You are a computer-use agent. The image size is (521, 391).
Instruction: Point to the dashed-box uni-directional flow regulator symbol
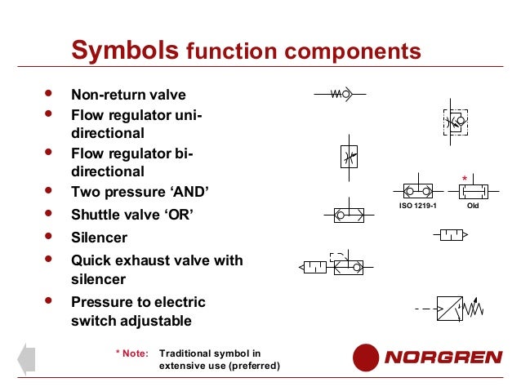(x=454, y=122)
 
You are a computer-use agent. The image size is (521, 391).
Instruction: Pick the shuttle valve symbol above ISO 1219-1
(x=416, y=191)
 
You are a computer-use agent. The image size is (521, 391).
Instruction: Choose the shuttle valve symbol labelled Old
(x=473, y=191)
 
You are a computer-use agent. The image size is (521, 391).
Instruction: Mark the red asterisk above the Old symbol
(x=465, y=178)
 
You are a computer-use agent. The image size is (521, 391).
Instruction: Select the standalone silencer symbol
(x=451, y=236)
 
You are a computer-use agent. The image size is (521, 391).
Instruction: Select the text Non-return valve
(x=128, y=95)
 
